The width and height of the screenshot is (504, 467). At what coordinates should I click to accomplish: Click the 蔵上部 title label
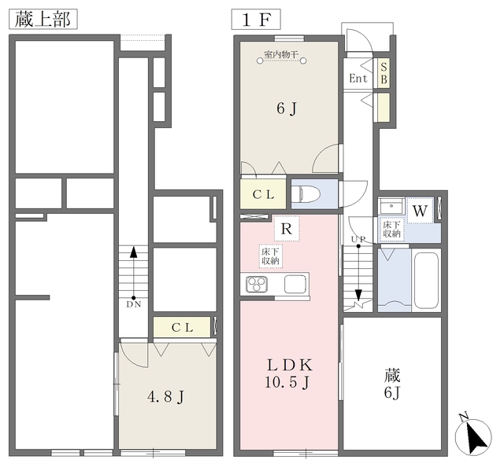(43, 19)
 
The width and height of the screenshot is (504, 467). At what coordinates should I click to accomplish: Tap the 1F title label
(256, 19)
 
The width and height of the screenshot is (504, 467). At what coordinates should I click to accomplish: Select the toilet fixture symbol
(306, 195)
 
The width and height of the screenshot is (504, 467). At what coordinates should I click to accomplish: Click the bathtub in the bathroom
(426, 281)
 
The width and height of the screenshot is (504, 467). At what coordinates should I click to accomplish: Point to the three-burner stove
(257, 284)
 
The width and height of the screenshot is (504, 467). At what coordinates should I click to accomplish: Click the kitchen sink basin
(295, 284)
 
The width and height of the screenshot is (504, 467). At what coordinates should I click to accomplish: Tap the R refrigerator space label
(287, 229)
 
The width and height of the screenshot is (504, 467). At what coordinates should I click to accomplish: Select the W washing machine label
(420, 211)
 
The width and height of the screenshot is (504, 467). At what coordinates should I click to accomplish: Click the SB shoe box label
(384, 73)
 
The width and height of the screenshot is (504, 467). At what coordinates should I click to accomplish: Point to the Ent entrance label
(358, 78)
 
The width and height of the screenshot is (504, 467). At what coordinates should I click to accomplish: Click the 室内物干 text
(281, 54)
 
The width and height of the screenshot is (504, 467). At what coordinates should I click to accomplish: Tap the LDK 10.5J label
(288, 373)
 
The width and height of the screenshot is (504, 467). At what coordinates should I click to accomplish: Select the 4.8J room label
(166, 397)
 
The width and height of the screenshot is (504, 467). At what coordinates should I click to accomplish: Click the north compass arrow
(473, 436)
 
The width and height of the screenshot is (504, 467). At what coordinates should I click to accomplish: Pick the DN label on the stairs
(133, 304)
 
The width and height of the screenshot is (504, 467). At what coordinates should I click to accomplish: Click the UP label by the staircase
(358, 239)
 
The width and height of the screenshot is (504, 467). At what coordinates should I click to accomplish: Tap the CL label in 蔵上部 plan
(182, 327)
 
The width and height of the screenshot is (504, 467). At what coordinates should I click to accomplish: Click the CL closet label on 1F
(263, 194)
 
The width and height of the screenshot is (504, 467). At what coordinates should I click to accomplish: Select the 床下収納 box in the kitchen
(271, 256)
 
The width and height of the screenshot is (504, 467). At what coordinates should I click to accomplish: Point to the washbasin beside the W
(391, 206)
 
